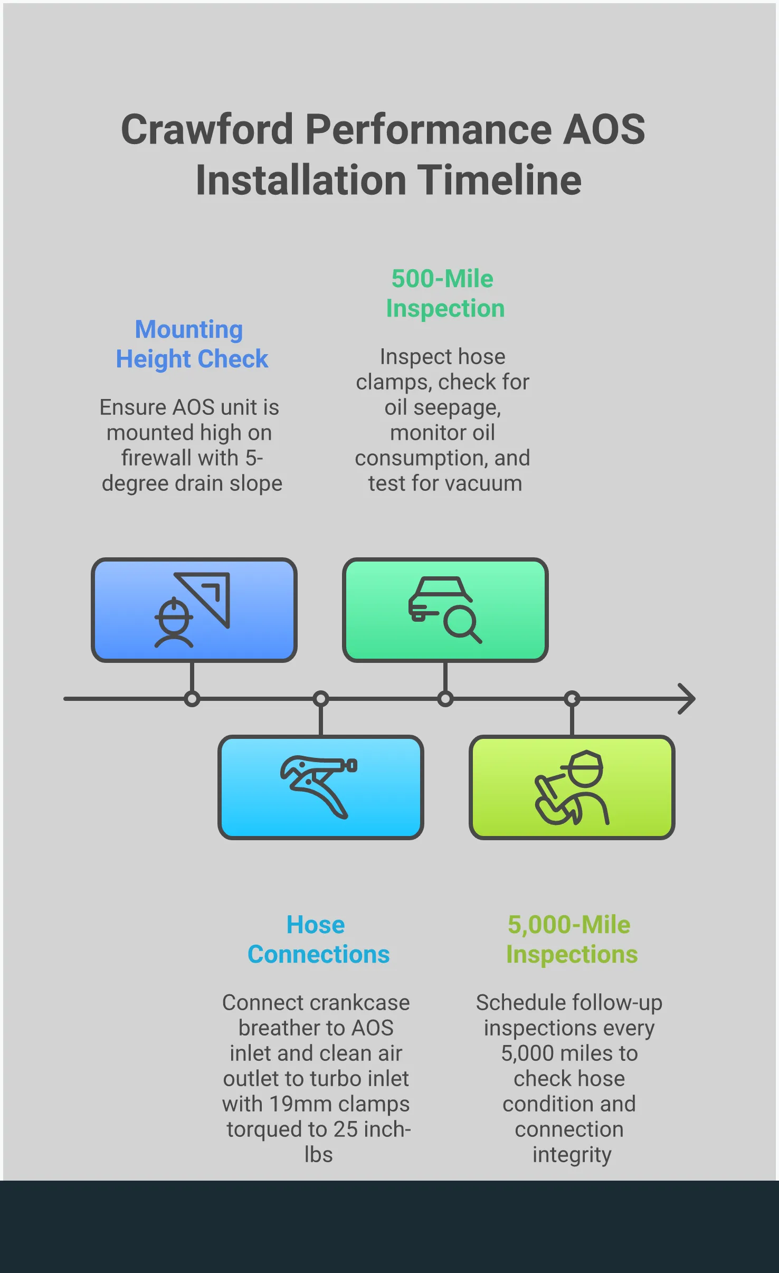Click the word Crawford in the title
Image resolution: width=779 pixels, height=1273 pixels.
207,130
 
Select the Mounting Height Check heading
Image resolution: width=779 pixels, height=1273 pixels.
191,344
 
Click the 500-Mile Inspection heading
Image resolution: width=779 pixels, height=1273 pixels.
444,293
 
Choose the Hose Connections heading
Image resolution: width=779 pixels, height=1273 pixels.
318,939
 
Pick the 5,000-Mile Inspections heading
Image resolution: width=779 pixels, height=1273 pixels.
571,939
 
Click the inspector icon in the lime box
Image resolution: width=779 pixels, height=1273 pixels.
572,787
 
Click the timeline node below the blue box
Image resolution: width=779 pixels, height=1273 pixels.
192,699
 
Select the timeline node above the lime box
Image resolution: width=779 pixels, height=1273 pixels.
572,699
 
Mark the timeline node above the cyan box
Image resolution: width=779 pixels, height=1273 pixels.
320,699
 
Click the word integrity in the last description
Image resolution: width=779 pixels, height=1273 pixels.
571,1155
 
